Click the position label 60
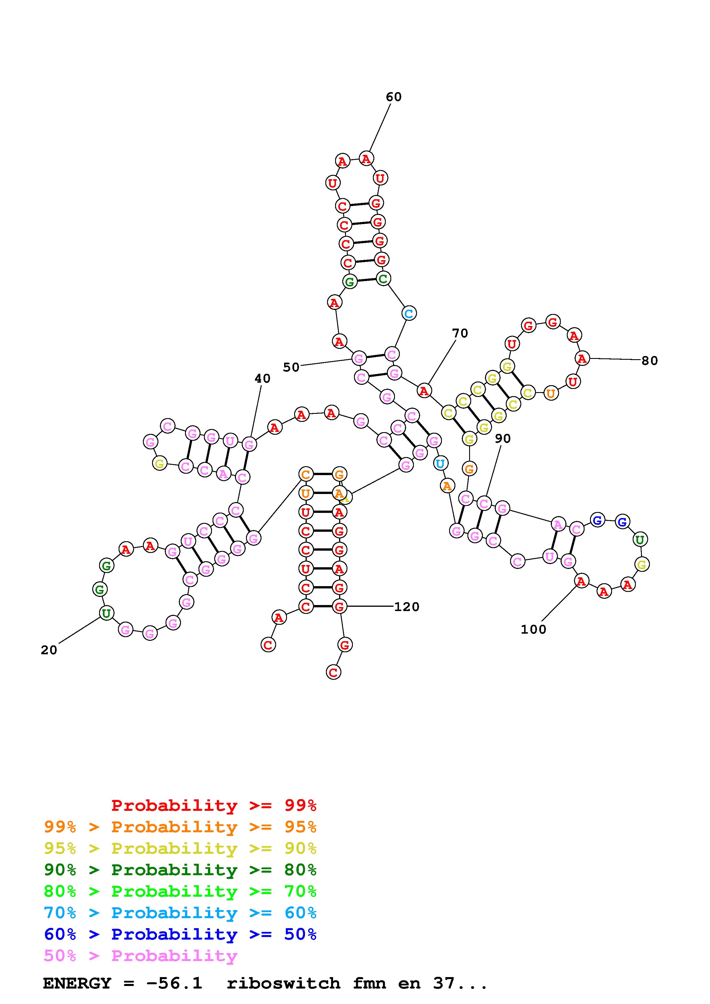[393, 97]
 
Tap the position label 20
[49, 650]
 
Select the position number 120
[406, 607]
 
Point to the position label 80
[649, 361]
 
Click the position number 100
[533, 630]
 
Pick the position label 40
[262, 379]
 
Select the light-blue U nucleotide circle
[440, 463]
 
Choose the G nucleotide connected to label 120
[339, 606]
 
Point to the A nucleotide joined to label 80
[582, 359]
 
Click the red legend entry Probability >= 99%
[213, 805]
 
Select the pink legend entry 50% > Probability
[140, 956]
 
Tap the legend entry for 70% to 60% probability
[180, 913]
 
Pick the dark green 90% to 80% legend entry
[180, 870]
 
